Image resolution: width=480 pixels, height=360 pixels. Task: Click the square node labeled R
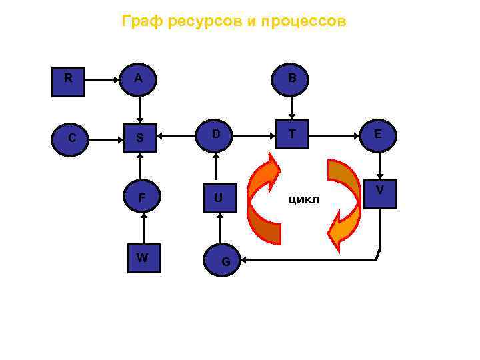click(x=69, y=80)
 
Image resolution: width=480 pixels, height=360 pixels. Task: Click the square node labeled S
click(x=140, y=138)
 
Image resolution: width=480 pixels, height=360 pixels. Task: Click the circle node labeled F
click(x=141, y=197)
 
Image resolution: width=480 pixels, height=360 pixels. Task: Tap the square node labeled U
click(x=217, y=197)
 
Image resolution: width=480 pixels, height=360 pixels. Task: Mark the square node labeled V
click(x=380, y=193)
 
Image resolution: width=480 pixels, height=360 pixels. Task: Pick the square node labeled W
click(x=143, y=257)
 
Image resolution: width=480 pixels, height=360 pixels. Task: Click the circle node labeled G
click(x=226, y=260)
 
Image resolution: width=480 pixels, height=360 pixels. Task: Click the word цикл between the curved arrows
click(x=303, y=199)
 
